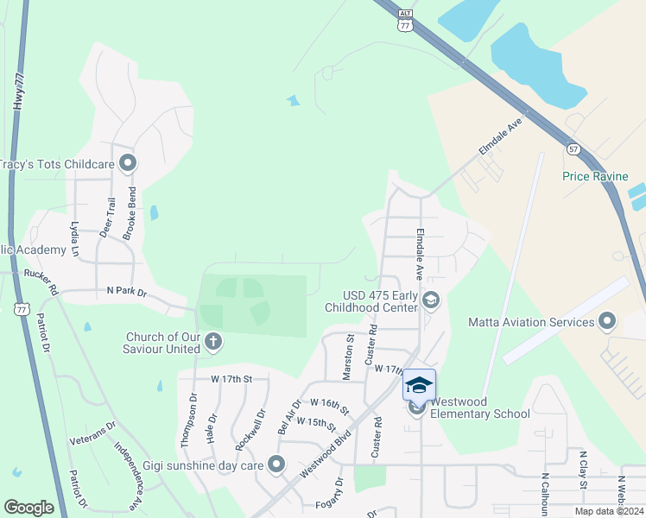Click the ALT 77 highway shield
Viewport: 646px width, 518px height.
[405, 22]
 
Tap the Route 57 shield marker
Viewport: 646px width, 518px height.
[573, 149]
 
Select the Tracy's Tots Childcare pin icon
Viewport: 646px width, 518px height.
[129, 162]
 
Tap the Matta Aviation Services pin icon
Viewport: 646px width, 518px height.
[607, 322]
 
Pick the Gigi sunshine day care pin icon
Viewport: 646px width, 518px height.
[276, 465]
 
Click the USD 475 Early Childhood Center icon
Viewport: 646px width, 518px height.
[432, 300]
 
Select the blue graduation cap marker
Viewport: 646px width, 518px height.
[419, 385]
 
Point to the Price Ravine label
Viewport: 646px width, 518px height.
[592, 176]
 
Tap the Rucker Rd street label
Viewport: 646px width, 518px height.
[40, 281]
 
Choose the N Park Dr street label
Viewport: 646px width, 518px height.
[126, 293]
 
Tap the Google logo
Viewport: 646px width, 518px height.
[28, 508]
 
